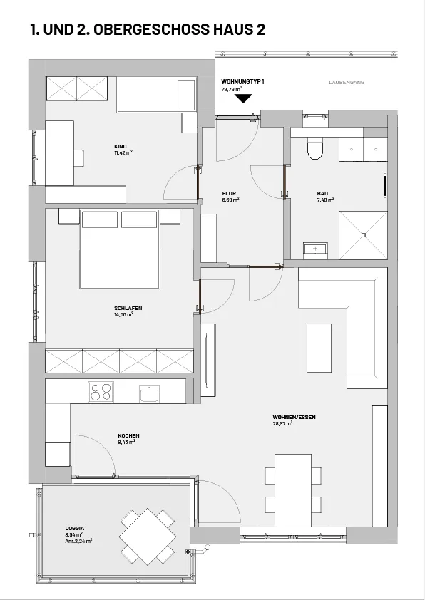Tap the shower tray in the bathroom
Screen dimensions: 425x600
coord(364,235)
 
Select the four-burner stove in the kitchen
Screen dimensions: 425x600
coord(101,392)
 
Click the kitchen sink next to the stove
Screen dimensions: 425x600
coord(150,393)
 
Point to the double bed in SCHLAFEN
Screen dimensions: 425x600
coord(120,249)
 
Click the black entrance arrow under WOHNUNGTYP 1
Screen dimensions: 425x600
coord(243,99)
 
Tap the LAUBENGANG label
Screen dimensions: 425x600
coord(347,82)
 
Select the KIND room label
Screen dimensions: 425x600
coord(121,147)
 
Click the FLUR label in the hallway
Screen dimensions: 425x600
coord(229,194)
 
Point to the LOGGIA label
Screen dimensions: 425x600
coord(75,529)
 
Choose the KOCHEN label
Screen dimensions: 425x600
coord(128,436)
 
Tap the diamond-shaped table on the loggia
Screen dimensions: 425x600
coord(148,537)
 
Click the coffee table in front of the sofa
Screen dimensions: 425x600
coord(319,348)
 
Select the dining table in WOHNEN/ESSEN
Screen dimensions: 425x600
coord(293,490)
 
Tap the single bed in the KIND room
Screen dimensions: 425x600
coord(157,95)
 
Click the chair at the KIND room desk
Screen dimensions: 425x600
coord(79,158)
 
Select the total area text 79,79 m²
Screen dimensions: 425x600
coord(231,89)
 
